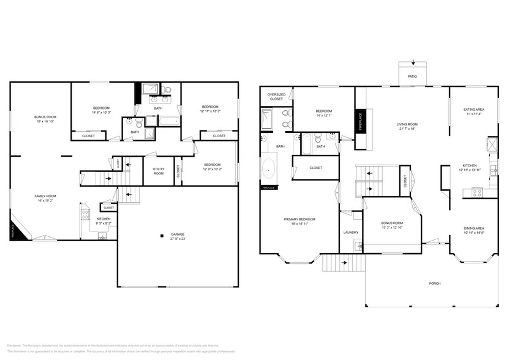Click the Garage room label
click(178, 235)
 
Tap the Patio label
click(412, 77)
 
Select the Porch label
click(435, 283)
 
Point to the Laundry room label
click(351, 232)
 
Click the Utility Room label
click(159, 171)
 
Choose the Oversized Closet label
click(276, 96)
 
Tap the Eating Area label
click(473, 111)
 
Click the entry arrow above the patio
click(413, 62)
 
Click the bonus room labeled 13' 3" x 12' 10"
click(391, 228)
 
